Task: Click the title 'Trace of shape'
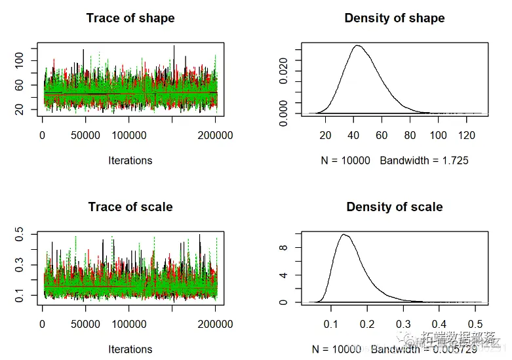coord(130,18)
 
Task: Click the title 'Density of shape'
coord(395,18)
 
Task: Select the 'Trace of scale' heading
coord(130,207)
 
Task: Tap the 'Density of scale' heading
coord(395,207)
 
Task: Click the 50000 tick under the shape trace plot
coord(86,135)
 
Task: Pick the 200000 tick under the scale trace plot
coord(215,324)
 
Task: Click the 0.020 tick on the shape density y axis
coord(282,61)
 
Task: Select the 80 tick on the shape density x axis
coord(410,135)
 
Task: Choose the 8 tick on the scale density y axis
coord(282,248)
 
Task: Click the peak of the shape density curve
coord(357,45)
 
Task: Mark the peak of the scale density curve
coord(344,234)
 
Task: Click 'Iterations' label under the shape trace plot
coord(130,161)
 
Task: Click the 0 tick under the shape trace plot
coord(43,135)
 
